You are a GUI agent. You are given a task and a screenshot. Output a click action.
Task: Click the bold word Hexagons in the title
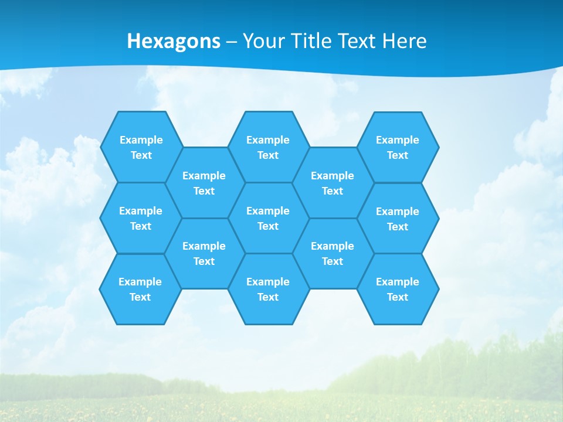[x=174, y=41]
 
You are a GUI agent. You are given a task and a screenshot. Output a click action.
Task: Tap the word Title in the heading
[x=311, y=41]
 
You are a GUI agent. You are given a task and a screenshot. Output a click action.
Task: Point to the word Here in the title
[x=404, y=41]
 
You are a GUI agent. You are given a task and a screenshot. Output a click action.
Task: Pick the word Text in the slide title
[x=357, y=41]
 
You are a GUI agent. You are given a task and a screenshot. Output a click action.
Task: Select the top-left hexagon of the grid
[x=141, y=147]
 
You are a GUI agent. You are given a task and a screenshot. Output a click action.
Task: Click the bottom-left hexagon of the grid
[x=140, y=289]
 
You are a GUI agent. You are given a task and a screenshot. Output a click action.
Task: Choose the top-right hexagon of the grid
[x=398, y=147]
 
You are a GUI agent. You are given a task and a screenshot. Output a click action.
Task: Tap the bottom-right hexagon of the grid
[x=398, y=289]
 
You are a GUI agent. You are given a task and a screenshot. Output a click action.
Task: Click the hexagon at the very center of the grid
[x=268, y=218]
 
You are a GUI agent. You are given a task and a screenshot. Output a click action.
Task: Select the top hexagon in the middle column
[x=268, y=147]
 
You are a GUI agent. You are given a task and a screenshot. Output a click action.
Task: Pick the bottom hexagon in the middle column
[x=268, y=289]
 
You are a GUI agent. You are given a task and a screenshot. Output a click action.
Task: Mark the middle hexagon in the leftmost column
[x=141, y=218]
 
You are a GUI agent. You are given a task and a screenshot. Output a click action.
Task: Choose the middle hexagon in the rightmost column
[x=398, y=219]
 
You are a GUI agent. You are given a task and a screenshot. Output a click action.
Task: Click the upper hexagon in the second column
[x=204, y=183]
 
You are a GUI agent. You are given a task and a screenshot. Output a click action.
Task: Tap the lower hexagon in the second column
[x=204, y=253]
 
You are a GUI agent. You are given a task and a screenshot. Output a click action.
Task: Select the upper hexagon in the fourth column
[x=333, y=183]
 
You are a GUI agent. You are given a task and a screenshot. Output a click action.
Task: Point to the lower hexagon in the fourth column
[x=333, y=253]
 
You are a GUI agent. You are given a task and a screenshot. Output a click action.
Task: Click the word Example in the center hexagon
[x=268, y=211]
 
